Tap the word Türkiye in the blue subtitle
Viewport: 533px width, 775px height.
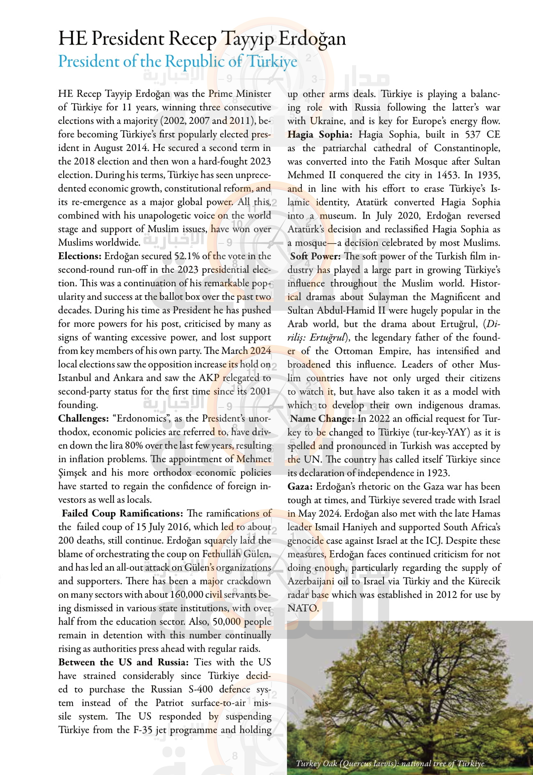coord(272,62)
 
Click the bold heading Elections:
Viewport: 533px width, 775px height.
coord(80,256)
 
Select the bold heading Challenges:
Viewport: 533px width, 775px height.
coord(83,419)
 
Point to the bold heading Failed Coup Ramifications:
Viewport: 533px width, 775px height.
coord(122,513)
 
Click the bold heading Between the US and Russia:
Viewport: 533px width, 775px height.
coord(123,662)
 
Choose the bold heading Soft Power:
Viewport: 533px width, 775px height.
coord(315,256)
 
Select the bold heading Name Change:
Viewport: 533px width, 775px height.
coord(322,419)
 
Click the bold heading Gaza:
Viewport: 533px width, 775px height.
coord(300,487)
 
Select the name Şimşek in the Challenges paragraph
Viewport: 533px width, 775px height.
coord(73,473)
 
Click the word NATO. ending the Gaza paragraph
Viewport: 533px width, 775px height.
coord(303,608)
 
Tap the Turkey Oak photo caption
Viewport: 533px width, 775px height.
coord(390,764)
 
